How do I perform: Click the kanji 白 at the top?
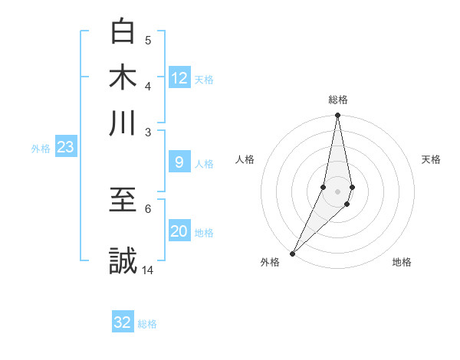click(123, 31)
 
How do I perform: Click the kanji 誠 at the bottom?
click(123, 260)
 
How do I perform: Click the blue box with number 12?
click(179, 78)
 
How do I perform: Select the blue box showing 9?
click(179, 162)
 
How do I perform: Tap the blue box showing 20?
click(179, 232)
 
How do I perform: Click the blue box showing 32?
click(123, 322)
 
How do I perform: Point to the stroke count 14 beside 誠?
click(148, 270)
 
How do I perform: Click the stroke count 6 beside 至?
click(148, 208)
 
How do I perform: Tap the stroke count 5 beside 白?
click(148, 40)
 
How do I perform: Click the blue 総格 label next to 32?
click(147, 324)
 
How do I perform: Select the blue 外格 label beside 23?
click(41, 149)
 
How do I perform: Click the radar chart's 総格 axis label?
click(337, 100)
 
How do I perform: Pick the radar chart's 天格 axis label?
click(431, 159)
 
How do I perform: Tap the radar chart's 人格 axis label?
click(245, 159)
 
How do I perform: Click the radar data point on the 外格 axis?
click(292, 254)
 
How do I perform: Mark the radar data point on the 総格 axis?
click(337, 116)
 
